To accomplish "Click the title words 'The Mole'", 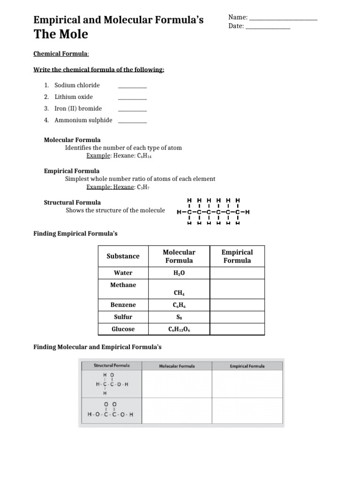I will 60,35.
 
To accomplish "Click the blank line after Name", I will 283,19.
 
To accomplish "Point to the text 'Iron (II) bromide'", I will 78,108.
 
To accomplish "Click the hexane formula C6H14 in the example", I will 144,156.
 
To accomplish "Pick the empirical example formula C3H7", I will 142,187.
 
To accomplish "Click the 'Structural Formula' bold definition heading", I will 72,202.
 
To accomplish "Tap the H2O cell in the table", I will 178,273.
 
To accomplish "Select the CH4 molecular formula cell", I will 178,293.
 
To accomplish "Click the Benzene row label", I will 123,305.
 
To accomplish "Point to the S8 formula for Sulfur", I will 178,317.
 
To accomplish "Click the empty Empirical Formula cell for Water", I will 237,273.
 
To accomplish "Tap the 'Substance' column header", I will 123,256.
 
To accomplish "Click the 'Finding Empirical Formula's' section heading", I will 75,233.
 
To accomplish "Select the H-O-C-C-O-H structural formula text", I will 111,414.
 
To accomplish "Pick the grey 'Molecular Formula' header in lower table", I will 177,366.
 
